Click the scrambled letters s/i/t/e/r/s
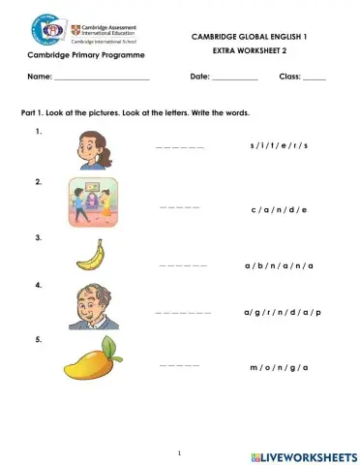tap(278, 145)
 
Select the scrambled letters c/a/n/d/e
tap(278, 208)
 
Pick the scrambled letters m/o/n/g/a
tap(279, 368)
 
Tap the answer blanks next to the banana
tap(183, 263)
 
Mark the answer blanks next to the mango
tap(179, 365)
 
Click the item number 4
tap(38, 286)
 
